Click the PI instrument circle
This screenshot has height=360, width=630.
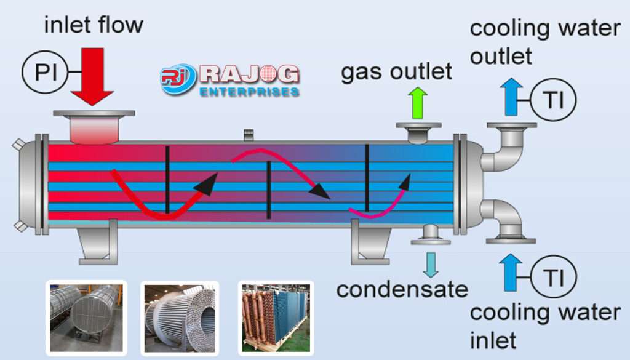coord(45,73)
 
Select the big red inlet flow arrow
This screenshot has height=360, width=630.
coord(92,76)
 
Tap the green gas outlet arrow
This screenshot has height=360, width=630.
coord(418,102)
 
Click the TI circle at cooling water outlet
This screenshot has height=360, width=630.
coord(553,100)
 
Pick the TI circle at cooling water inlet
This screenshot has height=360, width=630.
coord(553,276)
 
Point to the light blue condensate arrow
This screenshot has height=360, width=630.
coord(431,265)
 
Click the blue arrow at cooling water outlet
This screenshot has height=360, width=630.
coord(511,97)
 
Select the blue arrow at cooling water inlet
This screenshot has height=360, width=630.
coord(511,273)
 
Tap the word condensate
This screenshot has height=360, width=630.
coord(402,290)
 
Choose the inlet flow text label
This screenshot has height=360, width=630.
coord(94,25)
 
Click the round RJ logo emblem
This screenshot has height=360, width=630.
coord(178,79)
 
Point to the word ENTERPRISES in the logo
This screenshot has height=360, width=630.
coord(249,92)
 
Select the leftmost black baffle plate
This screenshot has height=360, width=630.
coord(167,180)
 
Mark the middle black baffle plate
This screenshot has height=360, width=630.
coord(268,190)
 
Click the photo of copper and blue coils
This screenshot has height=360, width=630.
coord(276,318)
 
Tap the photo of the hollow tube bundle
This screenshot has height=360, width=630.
coord(180,318)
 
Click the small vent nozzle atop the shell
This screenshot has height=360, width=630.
coord(249,135)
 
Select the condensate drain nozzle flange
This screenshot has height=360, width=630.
coord(431,241)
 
